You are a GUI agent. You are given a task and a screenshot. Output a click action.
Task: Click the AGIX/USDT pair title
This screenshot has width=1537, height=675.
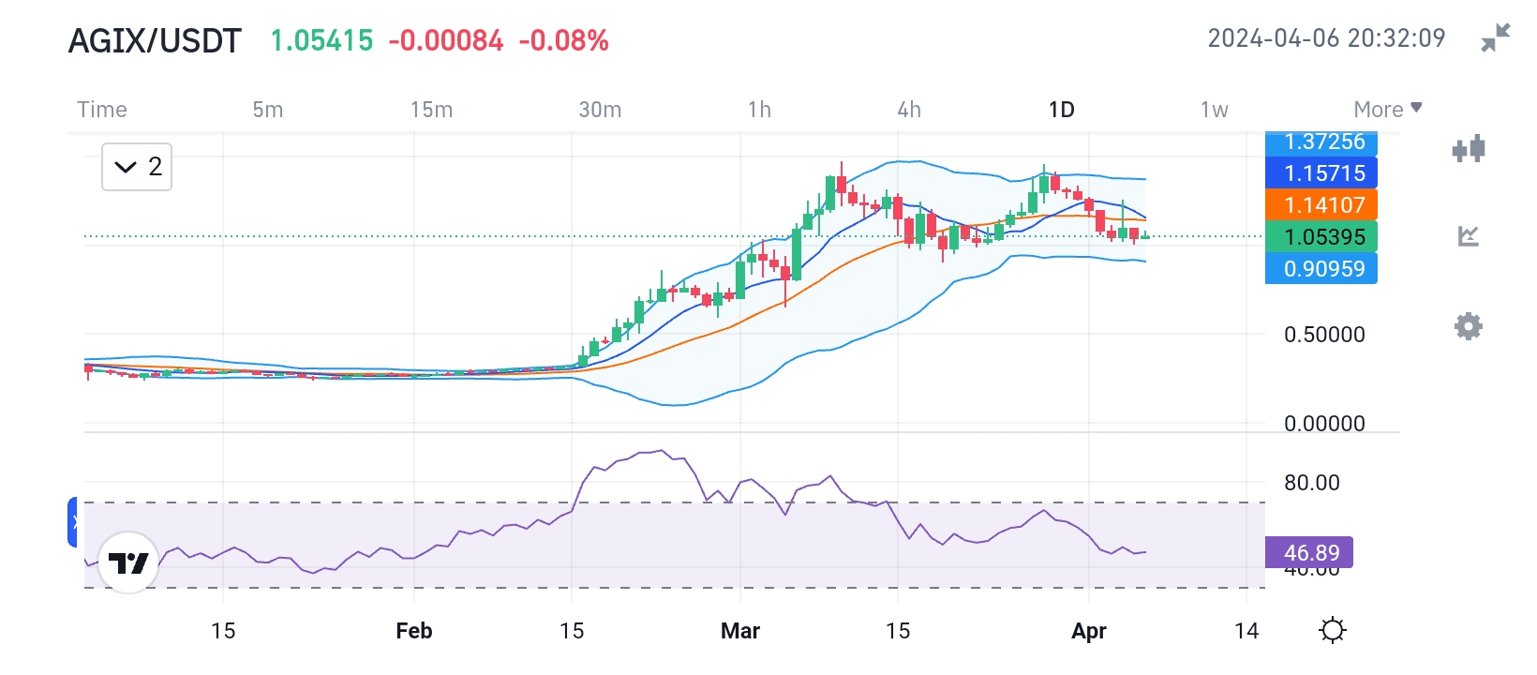[155, 41]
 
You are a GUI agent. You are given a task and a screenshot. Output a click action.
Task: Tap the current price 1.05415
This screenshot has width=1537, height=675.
[321, 41]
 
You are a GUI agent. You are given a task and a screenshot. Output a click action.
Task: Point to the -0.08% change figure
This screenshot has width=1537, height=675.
[563, 41]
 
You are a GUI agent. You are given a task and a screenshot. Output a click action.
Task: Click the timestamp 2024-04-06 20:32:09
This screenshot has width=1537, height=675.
[1326, 38]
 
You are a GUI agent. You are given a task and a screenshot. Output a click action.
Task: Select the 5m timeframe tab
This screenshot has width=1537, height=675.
[268, 110]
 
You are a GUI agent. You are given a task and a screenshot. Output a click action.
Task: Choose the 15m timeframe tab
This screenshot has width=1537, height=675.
[431, 110]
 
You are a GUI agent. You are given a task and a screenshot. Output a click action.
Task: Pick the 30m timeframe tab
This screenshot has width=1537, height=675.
[600, 110]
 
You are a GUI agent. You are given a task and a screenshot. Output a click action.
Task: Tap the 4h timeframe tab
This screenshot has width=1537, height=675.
[909, 110]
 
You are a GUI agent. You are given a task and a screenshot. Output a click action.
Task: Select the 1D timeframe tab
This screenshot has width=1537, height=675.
[1061, 110]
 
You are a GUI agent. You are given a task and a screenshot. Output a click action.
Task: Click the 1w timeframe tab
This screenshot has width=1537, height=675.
[1215, 110]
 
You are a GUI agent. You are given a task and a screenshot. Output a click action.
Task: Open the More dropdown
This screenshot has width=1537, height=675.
[1387, 110]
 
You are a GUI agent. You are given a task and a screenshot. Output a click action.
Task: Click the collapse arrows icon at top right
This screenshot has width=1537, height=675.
[1496, 38]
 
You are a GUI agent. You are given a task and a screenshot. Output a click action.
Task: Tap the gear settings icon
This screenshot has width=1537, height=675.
[1469, 326]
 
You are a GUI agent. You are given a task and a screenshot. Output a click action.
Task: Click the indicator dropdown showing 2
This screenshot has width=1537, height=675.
[137, 167]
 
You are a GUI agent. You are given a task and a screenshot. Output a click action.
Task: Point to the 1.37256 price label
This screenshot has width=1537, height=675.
[1321, 142]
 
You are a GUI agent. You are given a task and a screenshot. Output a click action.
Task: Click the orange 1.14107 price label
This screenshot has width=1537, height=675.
[1321, 204]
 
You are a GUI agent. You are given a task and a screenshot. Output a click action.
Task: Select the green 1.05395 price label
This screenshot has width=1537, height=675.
[1321, 236]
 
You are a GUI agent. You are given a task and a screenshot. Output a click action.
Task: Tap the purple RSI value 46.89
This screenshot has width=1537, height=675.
[1309, 552]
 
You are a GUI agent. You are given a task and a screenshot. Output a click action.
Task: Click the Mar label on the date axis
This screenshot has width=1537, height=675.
[740, 631]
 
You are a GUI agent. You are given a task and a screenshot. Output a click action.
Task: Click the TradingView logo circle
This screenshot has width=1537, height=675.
[128, 562]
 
